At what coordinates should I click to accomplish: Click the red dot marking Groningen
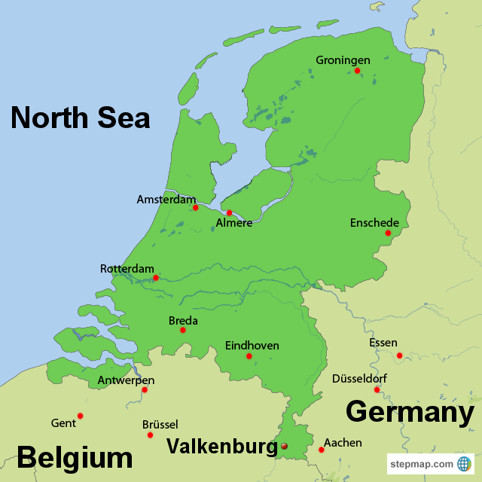point(357,71)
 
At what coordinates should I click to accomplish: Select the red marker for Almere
point(229,212)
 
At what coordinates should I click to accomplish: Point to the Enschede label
point(374,223)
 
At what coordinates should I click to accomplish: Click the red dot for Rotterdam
point(156,278)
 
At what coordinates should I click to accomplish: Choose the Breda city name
point(183,321)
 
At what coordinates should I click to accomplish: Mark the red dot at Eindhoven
point(249,356)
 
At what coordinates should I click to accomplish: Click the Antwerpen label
point(126,381)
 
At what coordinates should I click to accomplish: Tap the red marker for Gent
point(80,416)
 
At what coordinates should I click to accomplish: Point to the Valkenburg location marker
point(284,447)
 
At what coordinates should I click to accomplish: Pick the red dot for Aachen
point(321,450)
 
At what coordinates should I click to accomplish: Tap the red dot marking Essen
point(399,355)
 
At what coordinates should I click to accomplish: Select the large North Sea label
point(80,118)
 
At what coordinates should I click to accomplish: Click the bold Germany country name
point(410,413)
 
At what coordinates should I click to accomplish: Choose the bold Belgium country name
point(75,458)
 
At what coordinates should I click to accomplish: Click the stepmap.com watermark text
point(422,464)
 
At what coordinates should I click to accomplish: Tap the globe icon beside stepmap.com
point(464,464)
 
